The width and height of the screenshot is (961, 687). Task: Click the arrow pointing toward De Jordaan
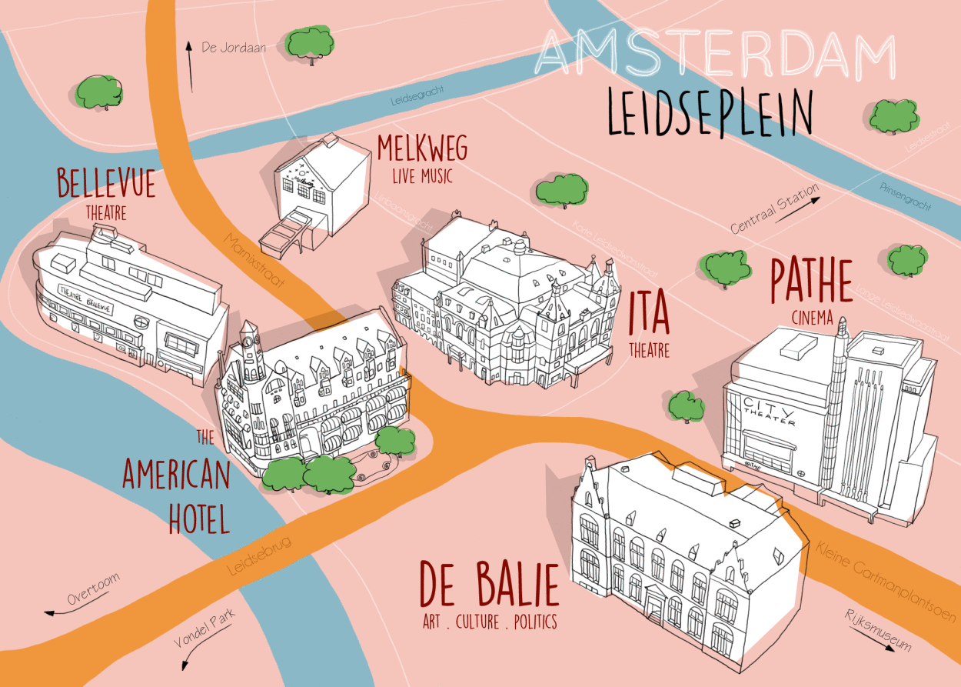[189, 66]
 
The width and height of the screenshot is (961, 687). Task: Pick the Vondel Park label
[203, 629]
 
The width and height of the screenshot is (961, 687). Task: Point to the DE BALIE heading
[489, 586]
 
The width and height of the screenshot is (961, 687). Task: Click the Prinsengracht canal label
[905, 197]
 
